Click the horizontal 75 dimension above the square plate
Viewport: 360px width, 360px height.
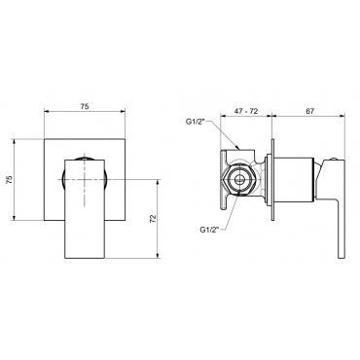tap(85, 106)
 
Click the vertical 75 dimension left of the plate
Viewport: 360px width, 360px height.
tap(10, 179)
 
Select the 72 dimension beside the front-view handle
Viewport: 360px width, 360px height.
tap(154, 219)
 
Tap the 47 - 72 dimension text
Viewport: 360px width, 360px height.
tap(246, 111)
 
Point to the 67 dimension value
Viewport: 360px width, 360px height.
tap(309, 111)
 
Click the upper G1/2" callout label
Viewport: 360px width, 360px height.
tap(196, 122)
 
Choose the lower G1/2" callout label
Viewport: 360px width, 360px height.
tap(209, 230)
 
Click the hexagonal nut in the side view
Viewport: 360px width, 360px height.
tap(239, 179)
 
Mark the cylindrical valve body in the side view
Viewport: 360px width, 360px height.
tap(295, 179)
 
